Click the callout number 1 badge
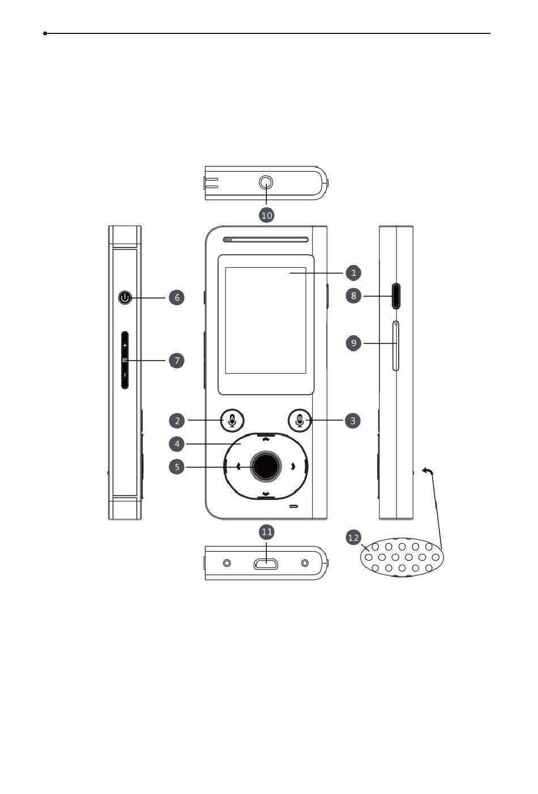(x=353, y=273)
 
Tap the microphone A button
(x=232, y=420)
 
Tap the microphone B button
(x=300, y=420)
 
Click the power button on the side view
(x=125, y=298)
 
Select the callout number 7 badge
(x=177, y=361)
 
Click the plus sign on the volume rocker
(x=125, y=345)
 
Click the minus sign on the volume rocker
(x=125, y=375)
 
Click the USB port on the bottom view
(x=266, y=564)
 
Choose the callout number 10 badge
(x=267, y=215)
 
